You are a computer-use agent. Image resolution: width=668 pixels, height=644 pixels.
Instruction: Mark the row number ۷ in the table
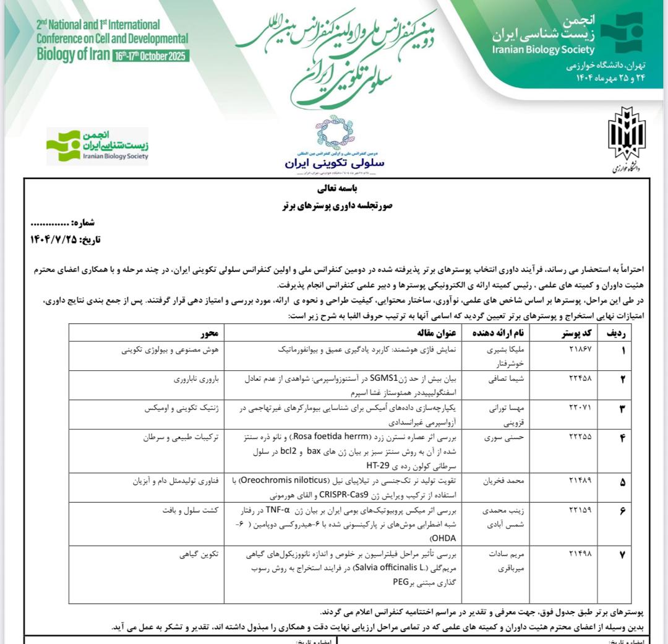(x=622, y=550)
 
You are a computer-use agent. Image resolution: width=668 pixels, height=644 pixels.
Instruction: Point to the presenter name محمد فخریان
(x=507, y=480)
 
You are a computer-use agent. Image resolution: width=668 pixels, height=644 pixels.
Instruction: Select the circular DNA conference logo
(x=334, y=134)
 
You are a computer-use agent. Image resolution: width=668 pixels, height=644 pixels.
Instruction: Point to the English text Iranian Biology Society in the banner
(x=544, y=50)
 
